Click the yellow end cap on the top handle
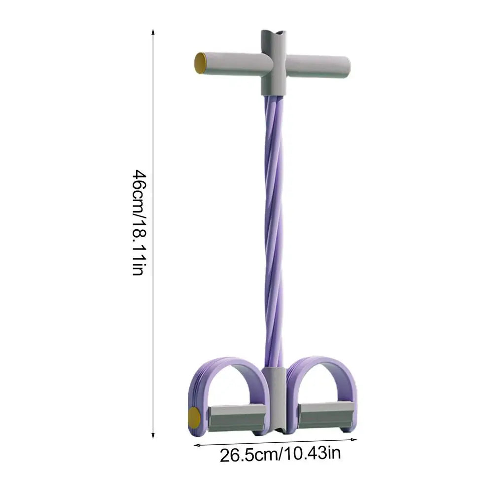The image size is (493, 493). (200, 64)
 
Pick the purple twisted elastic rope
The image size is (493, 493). (274, 227)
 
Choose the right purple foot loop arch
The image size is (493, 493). (320, 367)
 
